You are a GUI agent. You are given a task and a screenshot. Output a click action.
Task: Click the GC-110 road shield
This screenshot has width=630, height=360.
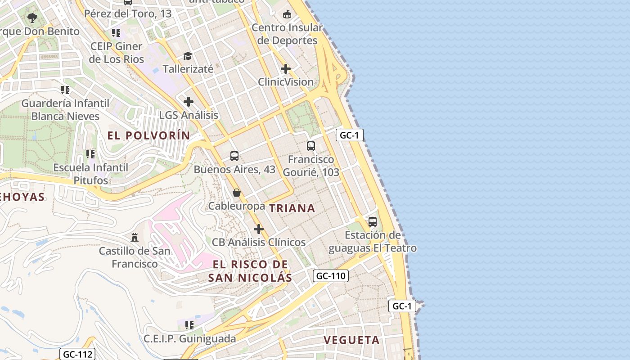tap(331, 276)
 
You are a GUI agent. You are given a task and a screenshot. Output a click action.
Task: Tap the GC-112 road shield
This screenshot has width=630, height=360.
tap(77, 354)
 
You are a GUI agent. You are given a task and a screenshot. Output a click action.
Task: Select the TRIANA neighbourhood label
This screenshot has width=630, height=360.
tap(292, 208)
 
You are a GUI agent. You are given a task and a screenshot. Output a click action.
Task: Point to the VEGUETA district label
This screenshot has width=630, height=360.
tap(352, 340)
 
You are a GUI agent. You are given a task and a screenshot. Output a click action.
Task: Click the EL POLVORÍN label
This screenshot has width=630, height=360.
tap(148, 135)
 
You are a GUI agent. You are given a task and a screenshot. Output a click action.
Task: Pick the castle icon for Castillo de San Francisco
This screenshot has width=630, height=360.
tap(134, 237)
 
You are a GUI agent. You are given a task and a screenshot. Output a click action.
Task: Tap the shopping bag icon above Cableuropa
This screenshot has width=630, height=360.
tap(237, 193)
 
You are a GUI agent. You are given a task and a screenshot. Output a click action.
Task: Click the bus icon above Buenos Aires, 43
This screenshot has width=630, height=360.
tap(234, 156)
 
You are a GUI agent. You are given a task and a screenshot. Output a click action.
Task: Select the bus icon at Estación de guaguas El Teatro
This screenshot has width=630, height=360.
tap(373, 222)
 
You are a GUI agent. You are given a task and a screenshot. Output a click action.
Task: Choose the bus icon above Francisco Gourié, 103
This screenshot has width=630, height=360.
tap(311, 146)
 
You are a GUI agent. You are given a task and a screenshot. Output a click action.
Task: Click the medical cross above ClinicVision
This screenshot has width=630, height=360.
tap(286, 69)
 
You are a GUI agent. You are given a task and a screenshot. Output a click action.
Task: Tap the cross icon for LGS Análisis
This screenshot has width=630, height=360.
tap(189, 102)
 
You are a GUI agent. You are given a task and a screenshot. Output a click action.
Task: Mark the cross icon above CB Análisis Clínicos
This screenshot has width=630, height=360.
tap(259, 229)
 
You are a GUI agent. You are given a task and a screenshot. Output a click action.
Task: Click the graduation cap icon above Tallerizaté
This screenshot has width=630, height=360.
tap(188, 56)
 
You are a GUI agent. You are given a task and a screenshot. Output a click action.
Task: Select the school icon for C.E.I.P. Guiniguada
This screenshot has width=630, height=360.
tap(189, 325)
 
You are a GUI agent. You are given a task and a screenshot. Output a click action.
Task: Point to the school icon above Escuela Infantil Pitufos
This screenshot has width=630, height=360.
tap(90, 154)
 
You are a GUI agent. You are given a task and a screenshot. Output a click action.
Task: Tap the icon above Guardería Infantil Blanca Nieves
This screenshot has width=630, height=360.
tap(65, 90)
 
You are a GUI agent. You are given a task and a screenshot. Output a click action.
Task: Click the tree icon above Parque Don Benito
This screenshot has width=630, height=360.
tap(32, 18)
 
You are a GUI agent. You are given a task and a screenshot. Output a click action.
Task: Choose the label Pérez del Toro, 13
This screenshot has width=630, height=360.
tap(128, 13)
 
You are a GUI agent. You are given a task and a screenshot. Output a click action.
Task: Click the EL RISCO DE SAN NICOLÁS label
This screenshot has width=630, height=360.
tap(250, 271)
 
